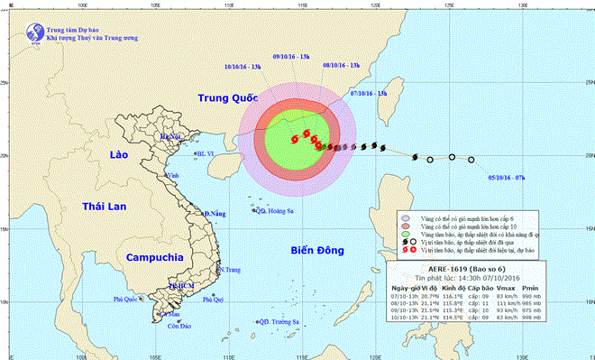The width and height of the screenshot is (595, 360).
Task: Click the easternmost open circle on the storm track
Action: pos(471,160)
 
